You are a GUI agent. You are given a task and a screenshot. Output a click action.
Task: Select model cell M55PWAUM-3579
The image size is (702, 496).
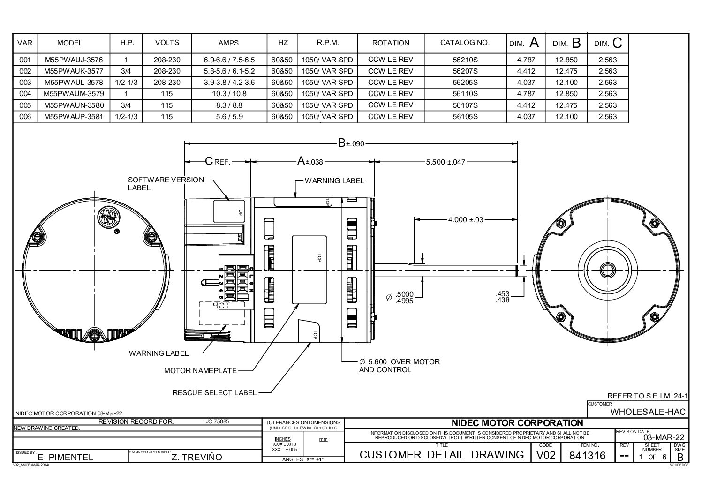(74, 94)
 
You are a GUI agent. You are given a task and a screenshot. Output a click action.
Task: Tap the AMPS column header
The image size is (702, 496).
(229, 43)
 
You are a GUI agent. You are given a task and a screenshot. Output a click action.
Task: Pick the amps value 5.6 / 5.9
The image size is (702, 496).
(229, 116)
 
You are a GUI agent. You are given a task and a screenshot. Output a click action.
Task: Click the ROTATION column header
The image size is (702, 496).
(391, 43)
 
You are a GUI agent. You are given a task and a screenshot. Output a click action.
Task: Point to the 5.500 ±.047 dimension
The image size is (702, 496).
(445, 162)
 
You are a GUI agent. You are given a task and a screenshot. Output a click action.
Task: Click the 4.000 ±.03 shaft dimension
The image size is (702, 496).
(465, 219)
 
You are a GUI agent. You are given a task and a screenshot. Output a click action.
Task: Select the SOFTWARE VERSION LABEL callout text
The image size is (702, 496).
(166, 183)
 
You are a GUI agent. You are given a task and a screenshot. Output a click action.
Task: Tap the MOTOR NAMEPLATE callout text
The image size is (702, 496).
(200, 371)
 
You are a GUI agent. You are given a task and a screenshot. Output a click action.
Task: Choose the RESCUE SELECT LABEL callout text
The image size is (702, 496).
(214, 392)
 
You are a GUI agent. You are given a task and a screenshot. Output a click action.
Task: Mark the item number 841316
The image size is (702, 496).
(588, 455)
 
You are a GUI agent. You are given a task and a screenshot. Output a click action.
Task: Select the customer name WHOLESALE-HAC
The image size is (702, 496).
(648, 412)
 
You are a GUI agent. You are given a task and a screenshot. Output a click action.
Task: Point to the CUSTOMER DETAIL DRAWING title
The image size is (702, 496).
(441, 454)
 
